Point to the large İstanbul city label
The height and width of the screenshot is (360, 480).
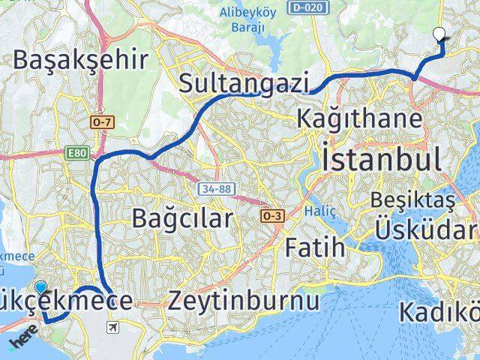coord(380,159)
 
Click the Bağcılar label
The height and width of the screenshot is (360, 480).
coord(182,218)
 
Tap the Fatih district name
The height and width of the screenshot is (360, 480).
coord(315,246)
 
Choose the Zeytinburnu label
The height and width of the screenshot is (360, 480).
coord(244,300)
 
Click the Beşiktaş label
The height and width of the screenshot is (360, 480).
coord(419,201)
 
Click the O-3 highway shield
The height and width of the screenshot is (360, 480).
coord(271,216)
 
